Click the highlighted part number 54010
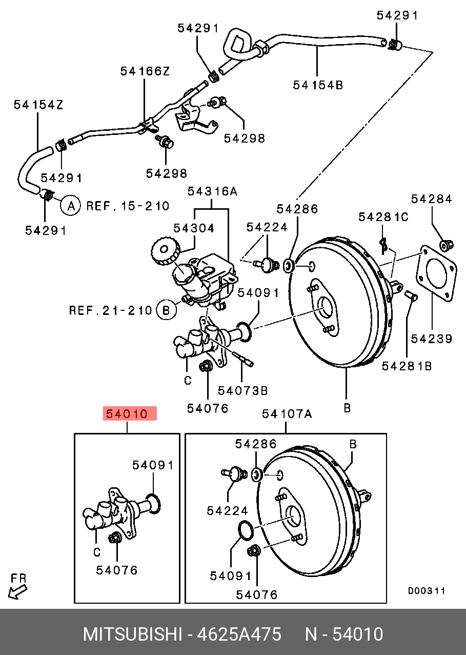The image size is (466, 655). pos(130,414)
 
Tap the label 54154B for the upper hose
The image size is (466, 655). pos(318,85)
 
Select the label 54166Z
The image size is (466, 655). pos(145,71)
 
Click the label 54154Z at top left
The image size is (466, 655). pos(38,105)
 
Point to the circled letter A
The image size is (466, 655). pos(71,206)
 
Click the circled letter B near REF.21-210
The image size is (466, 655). pos(166,310)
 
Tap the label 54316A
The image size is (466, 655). pos(212,191)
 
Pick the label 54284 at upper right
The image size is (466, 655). pos(432,199)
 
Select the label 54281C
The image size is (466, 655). pos(383,217)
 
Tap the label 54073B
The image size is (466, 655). pos(242,391)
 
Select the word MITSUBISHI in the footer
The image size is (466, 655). pos(132,634)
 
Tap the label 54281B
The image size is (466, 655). pos(407,366)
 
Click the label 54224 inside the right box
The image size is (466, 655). pos(227,510)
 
